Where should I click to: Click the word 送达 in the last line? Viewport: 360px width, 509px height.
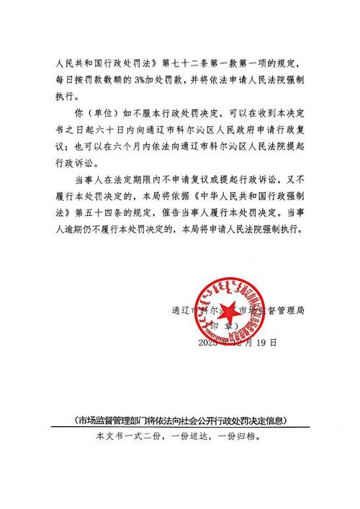(x=199, y=436)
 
